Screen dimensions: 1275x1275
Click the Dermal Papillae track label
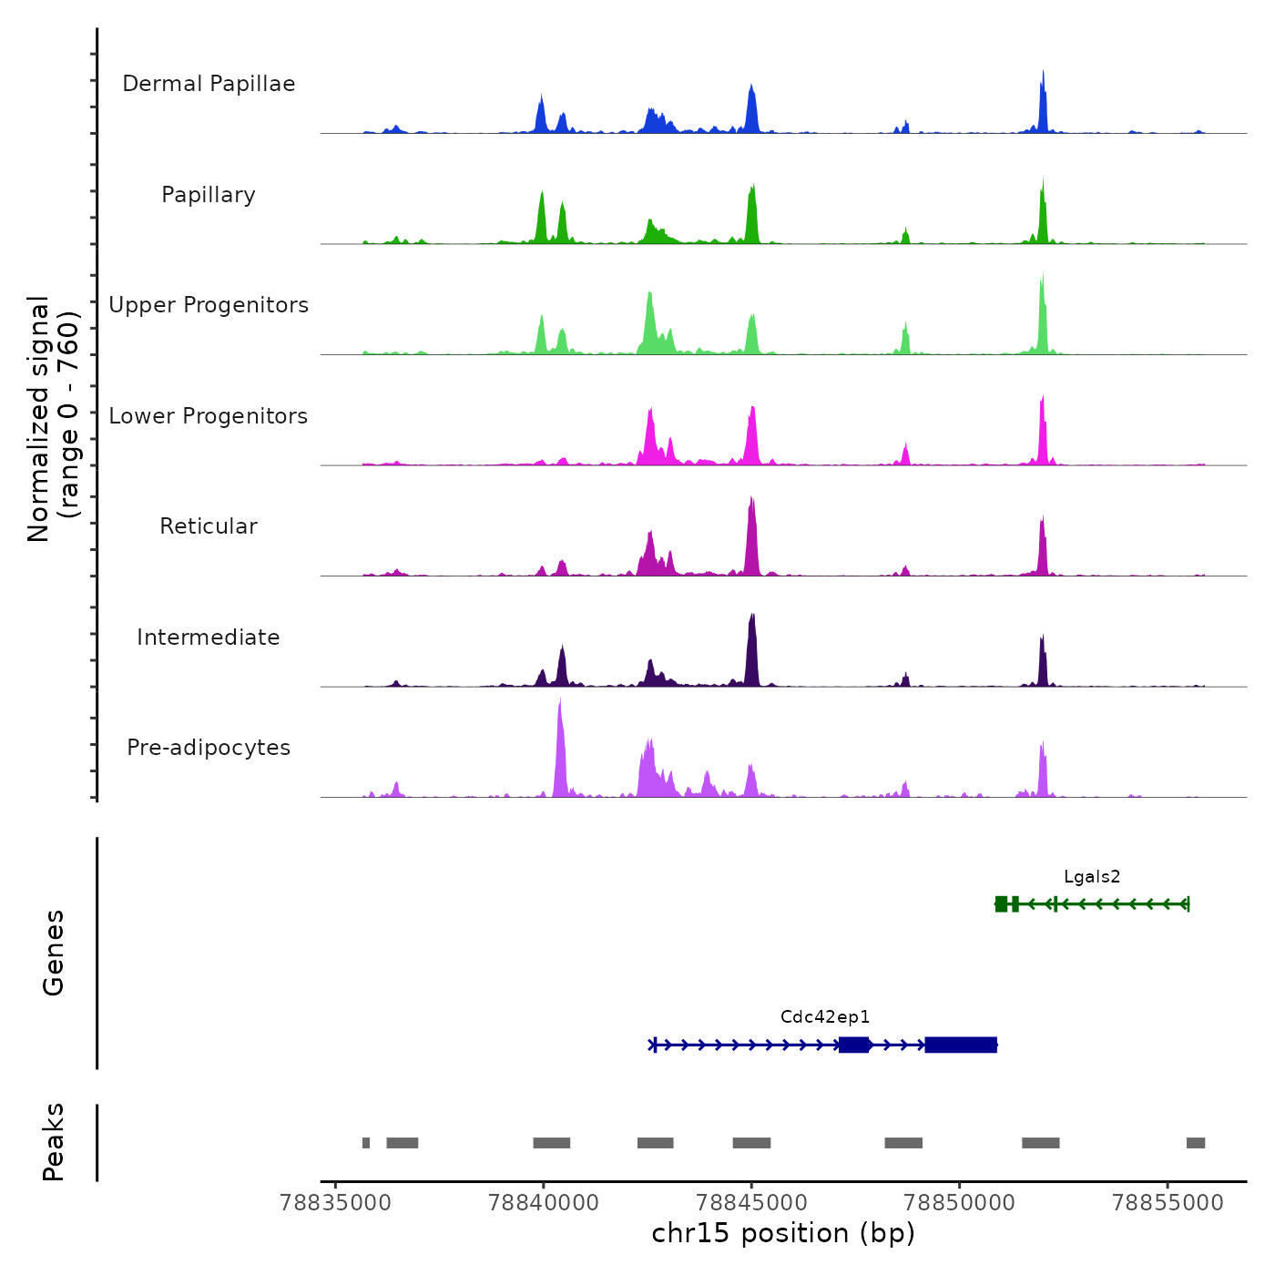tap(209, 84)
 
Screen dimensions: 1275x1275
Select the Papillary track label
tap(209, 195)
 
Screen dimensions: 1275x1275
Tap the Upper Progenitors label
tap(209, 305)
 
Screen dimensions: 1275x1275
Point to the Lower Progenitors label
tap(209, 416)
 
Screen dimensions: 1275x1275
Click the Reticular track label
tap(209, 526)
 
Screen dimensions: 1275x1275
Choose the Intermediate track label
tap(209, 637)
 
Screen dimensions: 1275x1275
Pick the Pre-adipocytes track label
tap(209, 748)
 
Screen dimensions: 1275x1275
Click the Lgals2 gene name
tap(1092, 877)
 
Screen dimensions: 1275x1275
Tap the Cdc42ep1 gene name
tap(825, 1017)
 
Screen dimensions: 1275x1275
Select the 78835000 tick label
tap(336, 1203)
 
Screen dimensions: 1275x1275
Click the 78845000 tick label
tap(751, 1203)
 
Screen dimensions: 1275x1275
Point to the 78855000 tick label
tap(1168, 1203)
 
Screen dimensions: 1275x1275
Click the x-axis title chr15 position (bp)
tap(783, 1234)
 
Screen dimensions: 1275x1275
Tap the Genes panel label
tap(54, 953)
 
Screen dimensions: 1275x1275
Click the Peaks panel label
tap(54, 1142)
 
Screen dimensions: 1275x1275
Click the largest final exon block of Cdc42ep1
tap(961, 1045)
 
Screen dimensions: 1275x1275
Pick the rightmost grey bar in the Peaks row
tap(1195, 1143)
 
